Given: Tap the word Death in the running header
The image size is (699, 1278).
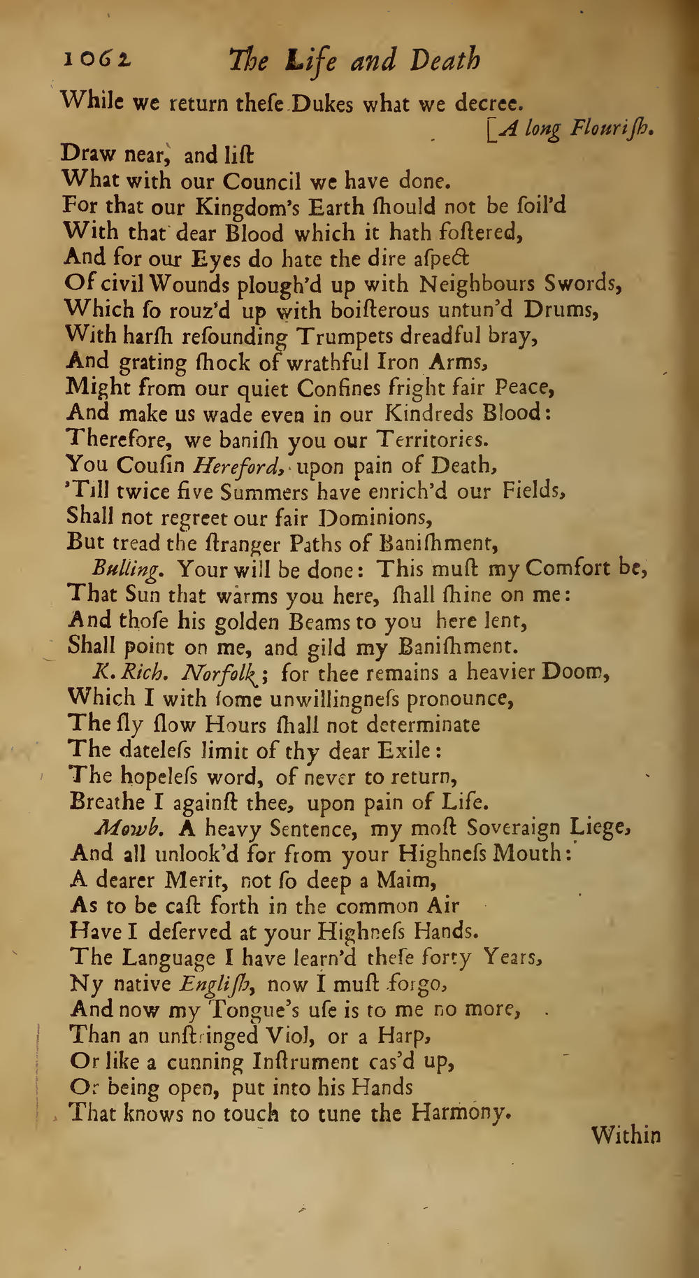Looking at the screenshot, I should tap(445, 61).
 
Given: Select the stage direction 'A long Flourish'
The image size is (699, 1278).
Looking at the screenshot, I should tap(573, 128).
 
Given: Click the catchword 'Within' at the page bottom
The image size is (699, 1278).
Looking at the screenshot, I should tap(625, 1135).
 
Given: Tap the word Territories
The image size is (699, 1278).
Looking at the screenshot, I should tap(430, 439).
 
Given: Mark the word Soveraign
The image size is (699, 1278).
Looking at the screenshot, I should tap(513, 828).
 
